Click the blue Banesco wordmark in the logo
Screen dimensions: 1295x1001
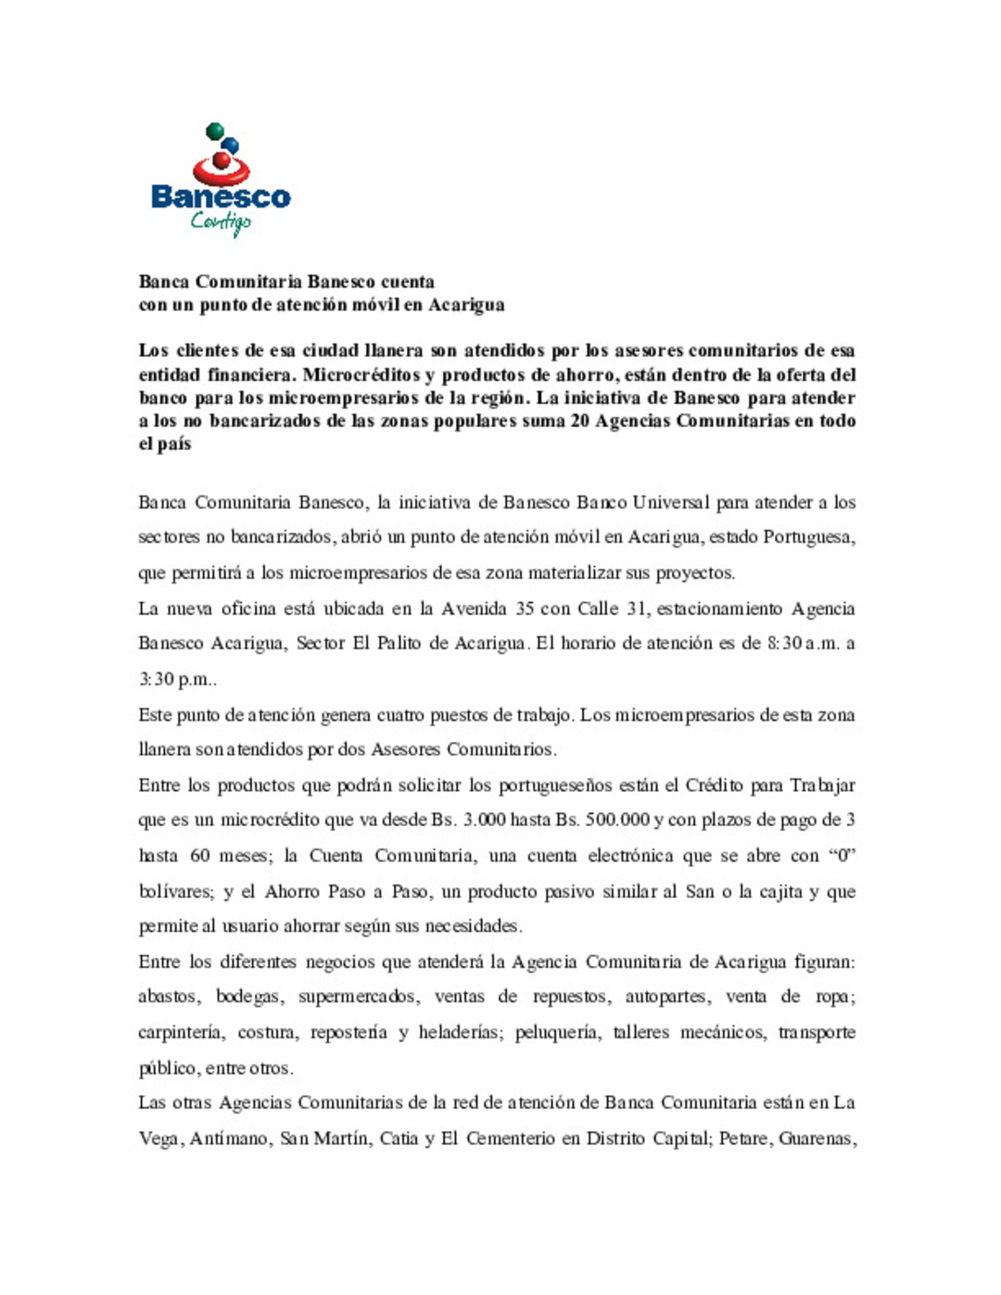coord(221,196)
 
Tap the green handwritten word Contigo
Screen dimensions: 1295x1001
coord(221,221)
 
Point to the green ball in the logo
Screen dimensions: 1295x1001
coord(214,131)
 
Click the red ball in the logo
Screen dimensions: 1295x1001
coord(222,161)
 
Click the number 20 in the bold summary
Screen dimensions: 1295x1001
coord(577,421)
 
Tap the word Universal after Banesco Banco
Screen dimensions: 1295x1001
coord(671,502)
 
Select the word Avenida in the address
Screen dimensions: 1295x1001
coord(474,609)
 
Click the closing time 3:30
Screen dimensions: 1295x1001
coord(156,679)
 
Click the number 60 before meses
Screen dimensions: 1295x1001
coord(199,855)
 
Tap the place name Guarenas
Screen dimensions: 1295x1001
coord(816,1138)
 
